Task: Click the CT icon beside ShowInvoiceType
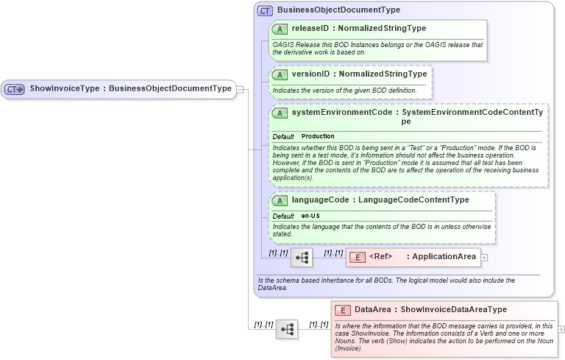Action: pos(15,89)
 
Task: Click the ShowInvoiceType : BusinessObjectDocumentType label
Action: pos(131,89)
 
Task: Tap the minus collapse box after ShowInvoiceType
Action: pos(240,89)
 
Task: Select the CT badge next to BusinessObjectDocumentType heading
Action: pos(265,11)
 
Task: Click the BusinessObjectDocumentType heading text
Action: pos(338,10)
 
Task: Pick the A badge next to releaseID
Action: pos(280,29)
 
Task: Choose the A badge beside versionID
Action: pos(280,74)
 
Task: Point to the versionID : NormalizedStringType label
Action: pos(359,74)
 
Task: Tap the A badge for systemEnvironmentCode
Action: pos(280,113)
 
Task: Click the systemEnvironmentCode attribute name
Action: pos(341,113)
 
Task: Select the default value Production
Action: pos(318,136)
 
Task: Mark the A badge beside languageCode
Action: pos(280,200)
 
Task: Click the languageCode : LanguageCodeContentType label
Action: pos(380,200)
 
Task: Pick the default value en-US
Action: pos(310,216)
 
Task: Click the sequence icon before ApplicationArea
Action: pos(302,257)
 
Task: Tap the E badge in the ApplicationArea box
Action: pos(357,257)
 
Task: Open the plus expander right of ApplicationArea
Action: pos(484,257)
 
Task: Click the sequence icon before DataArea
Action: pos(287,328)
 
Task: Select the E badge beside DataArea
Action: pos(344,310)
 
